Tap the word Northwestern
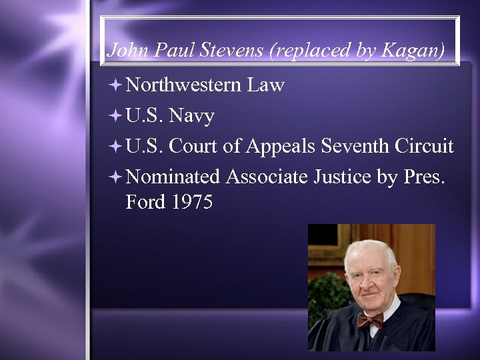point(183,85)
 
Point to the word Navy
point(191,117)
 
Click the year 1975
point(191,202)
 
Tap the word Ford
point(145,202)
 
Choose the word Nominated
point(172,177)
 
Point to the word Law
point(265,85)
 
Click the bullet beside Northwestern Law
point(115,85)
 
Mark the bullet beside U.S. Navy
point(115,117)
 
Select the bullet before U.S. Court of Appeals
point(115,146)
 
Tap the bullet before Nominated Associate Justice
point(115,177)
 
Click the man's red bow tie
point(370,320)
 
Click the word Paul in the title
point(179,51)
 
